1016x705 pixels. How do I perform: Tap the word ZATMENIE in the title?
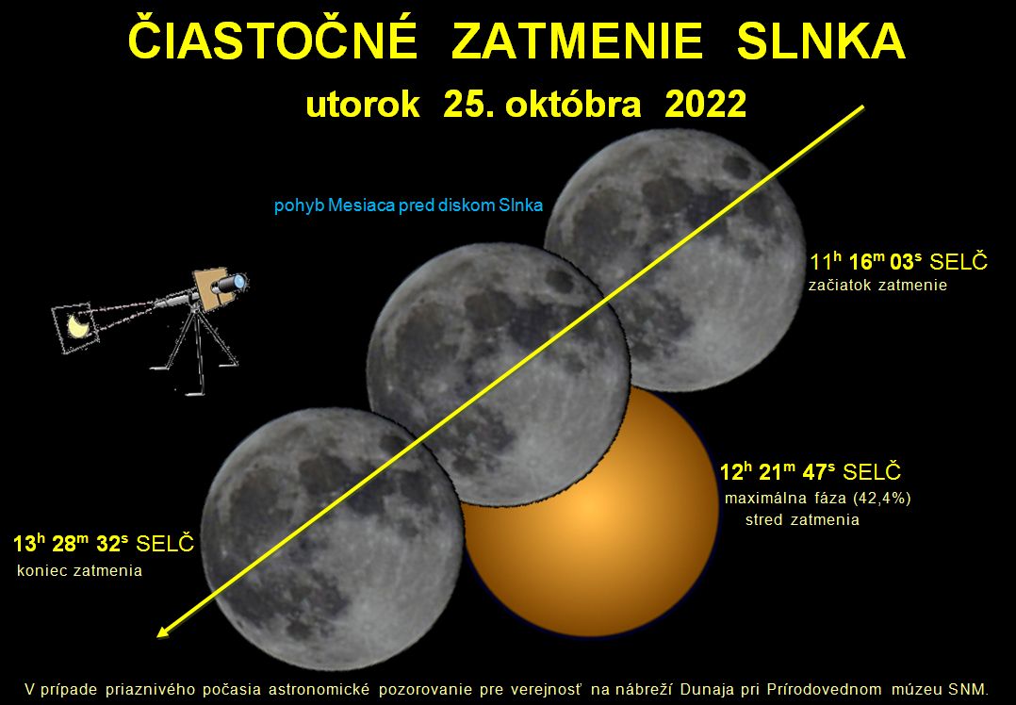tap(577, 41)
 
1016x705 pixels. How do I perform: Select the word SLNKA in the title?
tap(821, 41)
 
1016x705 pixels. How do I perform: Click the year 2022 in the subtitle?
tap(706, 104)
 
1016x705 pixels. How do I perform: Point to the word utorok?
tap(362, 105)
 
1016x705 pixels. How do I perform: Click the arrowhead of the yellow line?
tap(165, 631)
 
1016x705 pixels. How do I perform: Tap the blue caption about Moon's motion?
tap(408, 206)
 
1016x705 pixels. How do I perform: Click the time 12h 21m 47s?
tap(777, 471)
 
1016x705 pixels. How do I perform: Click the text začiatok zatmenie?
tap(877, 285)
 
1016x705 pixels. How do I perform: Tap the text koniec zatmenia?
tap(80, 571)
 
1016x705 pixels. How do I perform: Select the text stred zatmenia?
tap(802, 519)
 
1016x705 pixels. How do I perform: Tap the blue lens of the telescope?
tap(239, 282)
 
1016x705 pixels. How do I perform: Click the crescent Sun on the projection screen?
tap(78, 326)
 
